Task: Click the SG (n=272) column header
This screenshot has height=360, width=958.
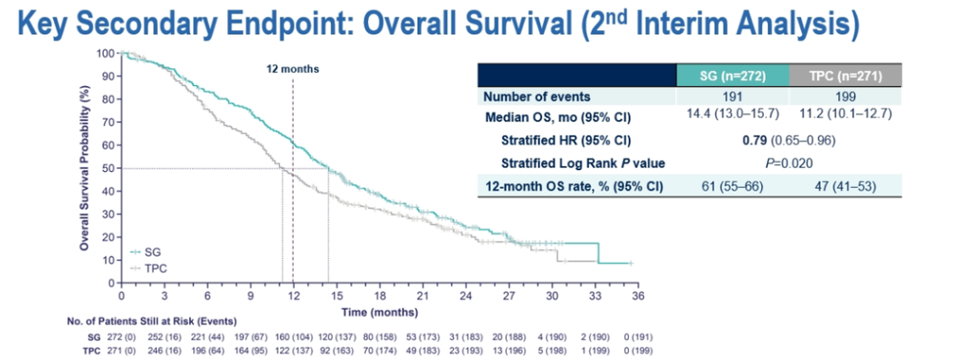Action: click(732, 76)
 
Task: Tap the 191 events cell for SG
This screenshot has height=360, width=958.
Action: click(732, 96)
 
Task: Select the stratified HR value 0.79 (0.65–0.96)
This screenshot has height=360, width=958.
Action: click(788, 139)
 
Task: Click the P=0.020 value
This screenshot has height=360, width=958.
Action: click(788, 162)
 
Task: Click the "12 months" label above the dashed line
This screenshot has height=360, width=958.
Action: click(293, 68)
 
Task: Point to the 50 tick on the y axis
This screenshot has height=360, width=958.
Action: click(109, 168)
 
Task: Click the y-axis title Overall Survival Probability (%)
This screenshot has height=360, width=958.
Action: click(84, 167)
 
